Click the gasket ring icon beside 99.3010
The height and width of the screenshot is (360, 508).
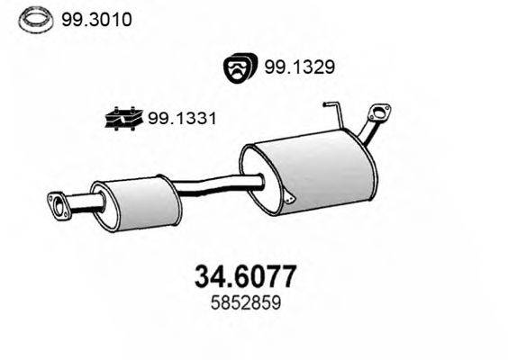34,18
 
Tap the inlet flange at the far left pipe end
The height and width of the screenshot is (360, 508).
59,206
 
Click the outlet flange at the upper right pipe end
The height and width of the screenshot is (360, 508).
378,116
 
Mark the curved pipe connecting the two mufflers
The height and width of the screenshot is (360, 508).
212,187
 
